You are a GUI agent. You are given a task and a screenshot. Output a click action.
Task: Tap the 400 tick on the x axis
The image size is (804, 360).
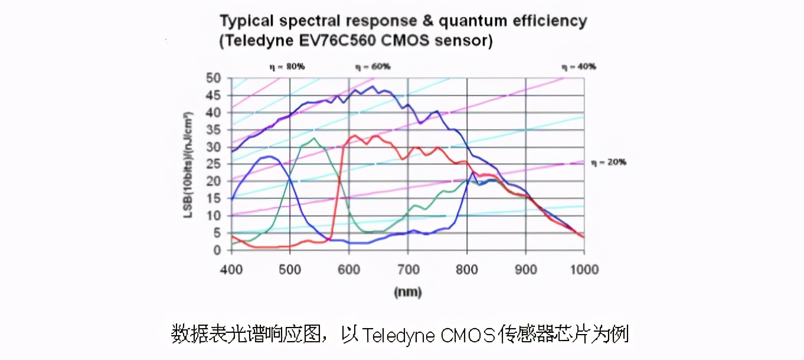point(231,269)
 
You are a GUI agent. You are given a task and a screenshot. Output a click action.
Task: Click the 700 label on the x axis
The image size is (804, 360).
point(408,269)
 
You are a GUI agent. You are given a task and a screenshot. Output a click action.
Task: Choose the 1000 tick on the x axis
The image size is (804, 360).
point(584,269)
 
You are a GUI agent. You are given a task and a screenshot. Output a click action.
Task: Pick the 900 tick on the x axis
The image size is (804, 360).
point(525,269)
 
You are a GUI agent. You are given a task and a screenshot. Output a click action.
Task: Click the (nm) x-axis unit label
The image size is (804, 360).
point(407,292)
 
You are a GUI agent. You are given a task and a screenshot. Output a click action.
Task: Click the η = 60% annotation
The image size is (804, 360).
point(372,67)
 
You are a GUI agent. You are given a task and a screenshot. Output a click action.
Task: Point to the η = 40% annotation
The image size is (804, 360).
point(579,67)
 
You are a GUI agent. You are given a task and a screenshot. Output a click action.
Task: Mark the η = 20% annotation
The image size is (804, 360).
point(608,162)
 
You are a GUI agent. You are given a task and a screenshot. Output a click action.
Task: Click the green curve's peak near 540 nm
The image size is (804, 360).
point(315,138)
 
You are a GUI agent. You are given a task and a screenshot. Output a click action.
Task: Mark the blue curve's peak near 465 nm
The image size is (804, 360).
point(270,156)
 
